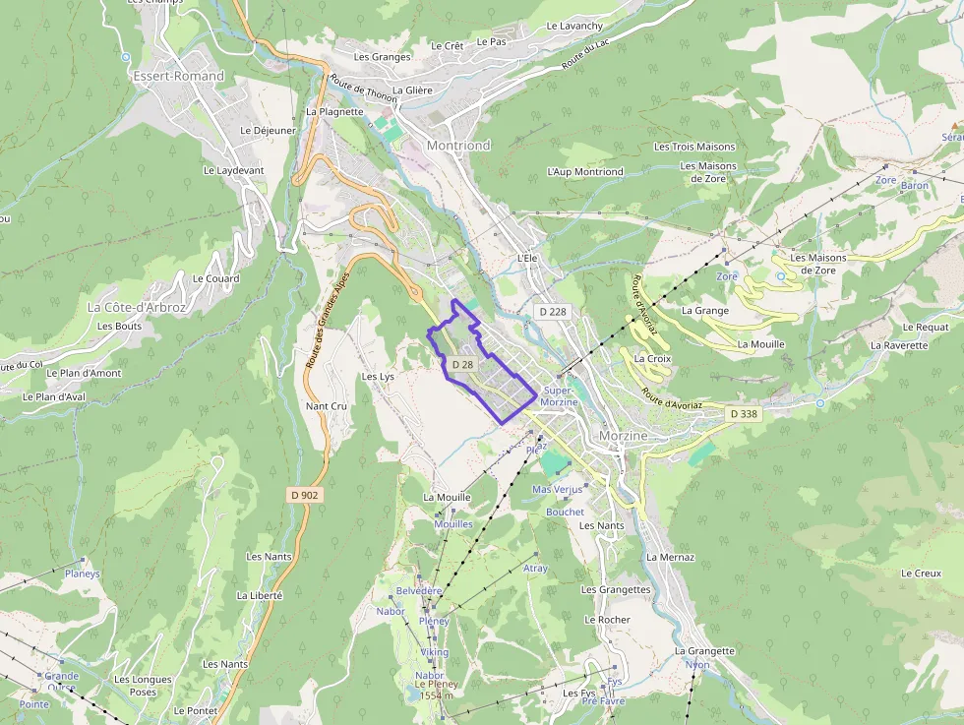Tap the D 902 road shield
[305, 495]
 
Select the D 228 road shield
[554, 311]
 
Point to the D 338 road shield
[745, 414]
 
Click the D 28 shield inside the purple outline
[462, 364]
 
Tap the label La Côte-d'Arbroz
[136, 307]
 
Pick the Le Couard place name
[215, 278]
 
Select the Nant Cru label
[327, 406]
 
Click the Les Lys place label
[378, 377]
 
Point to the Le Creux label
[921, 574]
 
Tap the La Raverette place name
[899, 345]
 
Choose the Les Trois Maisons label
[694, 147]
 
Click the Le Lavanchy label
[574, 26]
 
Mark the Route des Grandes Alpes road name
[329, 320]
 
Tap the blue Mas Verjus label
[557, 489]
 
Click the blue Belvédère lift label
[419, 590]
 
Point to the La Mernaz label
[670, 557]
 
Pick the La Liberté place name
[260, 595]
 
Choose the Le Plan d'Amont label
[85, 373]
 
